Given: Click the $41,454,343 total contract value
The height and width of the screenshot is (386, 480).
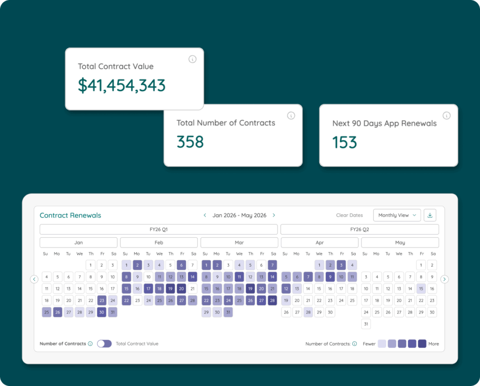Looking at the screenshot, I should click(x=121, y=85).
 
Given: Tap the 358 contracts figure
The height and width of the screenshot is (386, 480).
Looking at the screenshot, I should click(x=190, y=142).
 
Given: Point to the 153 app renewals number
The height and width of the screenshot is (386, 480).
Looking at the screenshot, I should click(x=345, y=142).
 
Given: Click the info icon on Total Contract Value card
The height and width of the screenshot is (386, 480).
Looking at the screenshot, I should click(x=192, y=59).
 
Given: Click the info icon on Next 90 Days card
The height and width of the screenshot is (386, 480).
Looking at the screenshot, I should click(x=446, y=116).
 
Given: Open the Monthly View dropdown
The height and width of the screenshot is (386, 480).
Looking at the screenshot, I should click(x=397, y=215).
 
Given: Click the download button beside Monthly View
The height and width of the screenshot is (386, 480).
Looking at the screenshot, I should click(x=430, y=215).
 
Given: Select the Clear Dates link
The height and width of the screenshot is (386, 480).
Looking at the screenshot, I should click(x=349, y=215).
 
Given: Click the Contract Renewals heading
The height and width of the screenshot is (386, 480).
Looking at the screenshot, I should click(x=70, y=216).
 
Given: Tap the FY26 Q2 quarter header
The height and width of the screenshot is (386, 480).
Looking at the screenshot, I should click(x=360, y=230).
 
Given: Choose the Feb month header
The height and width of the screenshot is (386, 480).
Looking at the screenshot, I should click(x=159, y=243).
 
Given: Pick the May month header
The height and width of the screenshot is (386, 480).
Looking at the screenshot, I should click(x=400, y=243).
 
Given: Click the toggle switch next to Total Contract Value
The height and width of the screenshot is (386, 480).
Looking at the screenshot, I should click(x=105, y=343).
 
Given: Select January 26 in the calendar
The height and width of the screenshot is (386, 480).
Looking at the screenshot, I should click(x=57, y=312).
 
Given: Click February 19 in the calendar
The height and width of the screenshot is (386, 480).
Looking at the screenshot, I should click(x=170, y=289).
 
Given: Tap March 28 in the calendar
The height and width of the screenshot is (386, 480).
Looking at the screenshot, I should click(x=272, y=300).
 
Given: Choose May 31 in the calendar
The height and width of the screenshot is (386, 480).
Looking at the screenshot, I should click(x=366, y=324).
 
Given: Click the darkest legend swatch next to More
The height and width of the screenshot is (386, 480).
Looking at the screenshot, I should click(x=422, y=344).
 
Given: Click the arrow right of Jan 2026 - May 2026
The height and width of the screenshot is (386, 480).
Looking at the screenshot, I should click(x=274, y=215).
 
